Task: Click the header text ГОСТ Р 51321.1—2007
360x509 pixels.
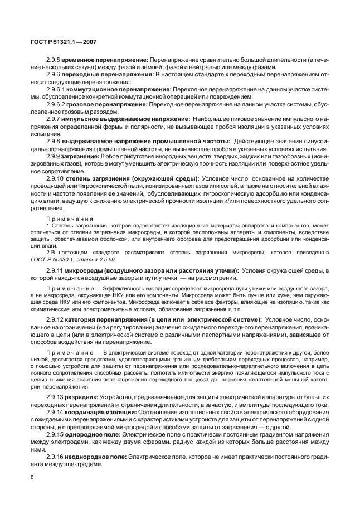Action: coord(63,41)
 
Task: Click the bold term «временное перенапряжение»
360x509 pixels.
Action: coord(104,59)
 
